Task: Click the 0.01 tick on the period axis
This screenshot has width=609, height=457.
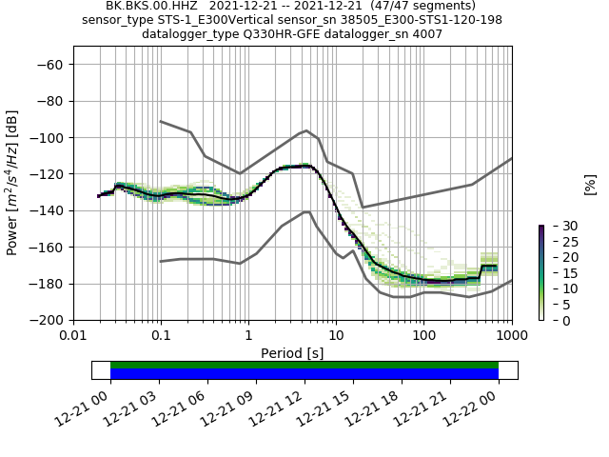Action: (73, 335)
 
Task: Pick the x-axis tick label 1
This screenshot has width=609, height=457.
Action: (248, 335)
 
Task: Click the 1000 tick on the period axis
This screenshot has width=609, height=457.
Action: (511, 335)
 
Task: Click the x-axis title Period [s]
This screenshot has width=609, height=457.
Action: (292, 352)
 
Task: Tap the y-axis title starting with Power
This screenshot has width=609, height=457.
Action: (12, 183)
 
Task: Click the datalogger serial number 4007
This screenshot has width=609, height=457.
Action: (425, 34)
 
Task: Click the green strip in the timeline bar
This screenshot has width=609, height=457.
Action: (304, 365)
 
